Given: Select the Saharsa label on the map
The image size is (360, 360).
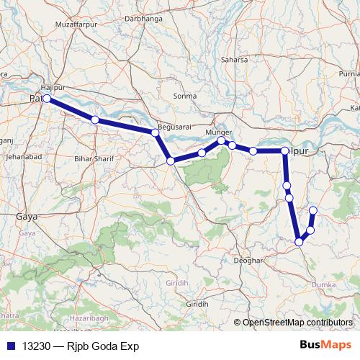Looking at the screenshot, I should (235, 59).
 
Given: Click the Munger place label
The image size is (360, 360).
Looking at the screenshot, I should (218, 132).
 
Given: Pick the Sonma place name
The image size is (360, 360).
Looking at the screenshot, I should (185, 96).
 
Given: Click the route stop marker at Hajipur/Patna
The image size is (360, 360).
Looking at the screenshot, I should (46, 99).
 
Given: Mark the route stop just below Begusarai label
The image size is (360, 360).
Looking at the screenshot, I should (155, 132).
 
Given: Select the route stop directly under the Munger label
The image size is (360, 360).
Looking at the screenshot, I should (222, 141).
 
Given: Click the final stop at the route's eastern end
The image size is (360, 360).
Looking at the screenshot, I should (312, 210).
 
